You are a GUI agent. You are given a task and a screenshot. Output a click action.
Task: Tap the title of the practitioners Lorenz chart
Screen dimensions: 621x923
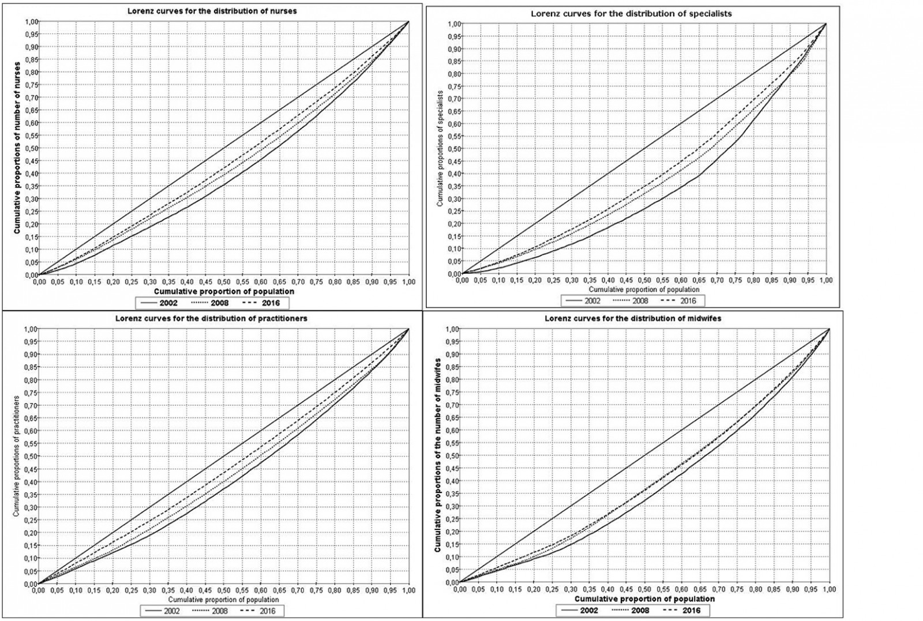tap(211, 318)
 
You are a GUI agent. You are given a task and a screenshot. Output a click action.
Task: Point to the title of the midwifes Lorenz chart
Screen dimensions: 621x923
tap(633, 318)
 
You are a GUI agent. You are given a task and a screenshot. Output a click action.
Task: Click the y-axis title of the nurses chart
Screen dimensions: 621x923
tap(17, 148)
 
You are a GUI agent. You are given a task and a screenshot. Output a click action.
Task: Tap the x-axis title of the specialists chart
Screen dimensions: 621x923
tap(644, 289)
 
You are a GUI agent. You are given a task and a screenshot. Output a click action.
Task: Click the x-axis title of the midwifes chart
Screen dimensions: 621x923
tap(644, 599)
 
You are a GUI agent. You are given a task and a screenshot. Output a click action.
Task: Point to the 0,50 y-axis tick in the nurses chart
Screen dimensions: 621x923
tap(31, 148)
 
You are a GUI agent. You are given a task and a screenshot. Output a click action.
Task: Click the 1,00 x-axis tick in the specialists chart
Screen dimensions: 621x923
tap(826, 280)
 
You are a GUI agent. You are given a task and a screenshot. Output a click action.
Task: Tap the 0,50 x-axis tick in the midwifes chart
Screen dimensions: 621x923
tap(644, 589)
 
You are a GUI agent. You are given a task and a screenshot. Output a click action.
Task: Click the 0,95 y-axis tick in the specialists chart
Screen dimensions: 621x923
tap(454, 36)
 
